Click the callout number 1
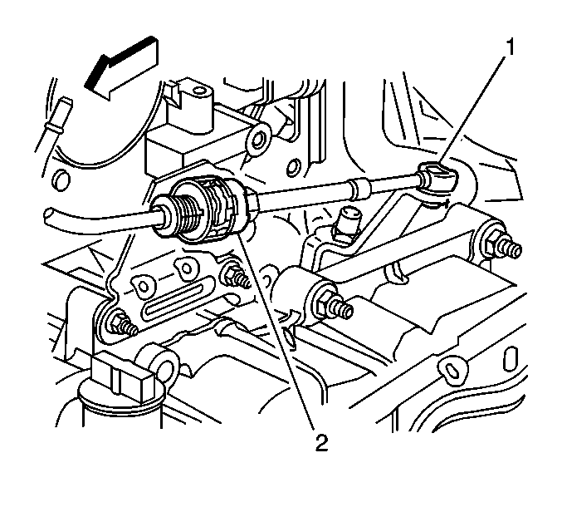510,48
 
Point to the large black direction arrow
121,68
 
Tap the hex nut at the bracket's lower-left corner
118,322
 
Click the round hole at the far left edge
61,180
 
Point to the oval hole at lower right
452,369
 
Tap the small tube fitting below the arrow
56,116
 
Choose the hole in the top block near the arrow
197,91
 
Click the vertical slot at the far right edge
509,358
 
